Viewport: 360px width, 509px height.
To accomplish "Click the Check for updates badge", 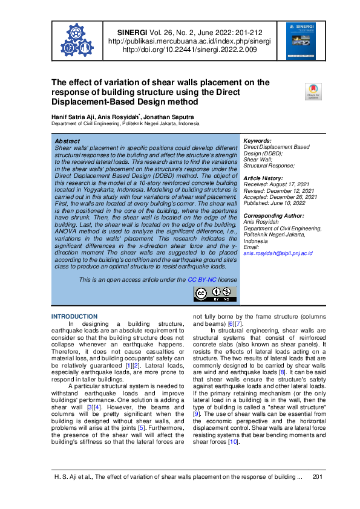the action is click(x=313, y=92).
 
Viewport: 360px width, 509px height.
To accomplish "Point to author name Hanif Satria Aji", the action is click(x=74, y=117).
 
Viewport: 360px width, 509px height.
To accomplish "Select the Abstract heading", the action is click(x=67, y=141).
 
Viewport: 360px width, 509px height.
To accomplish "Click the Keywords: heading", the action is click(x=257, y=141).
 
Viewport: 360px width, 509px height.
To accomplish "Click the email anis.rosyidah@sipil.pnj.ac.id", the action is click(x=278, y=253).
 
